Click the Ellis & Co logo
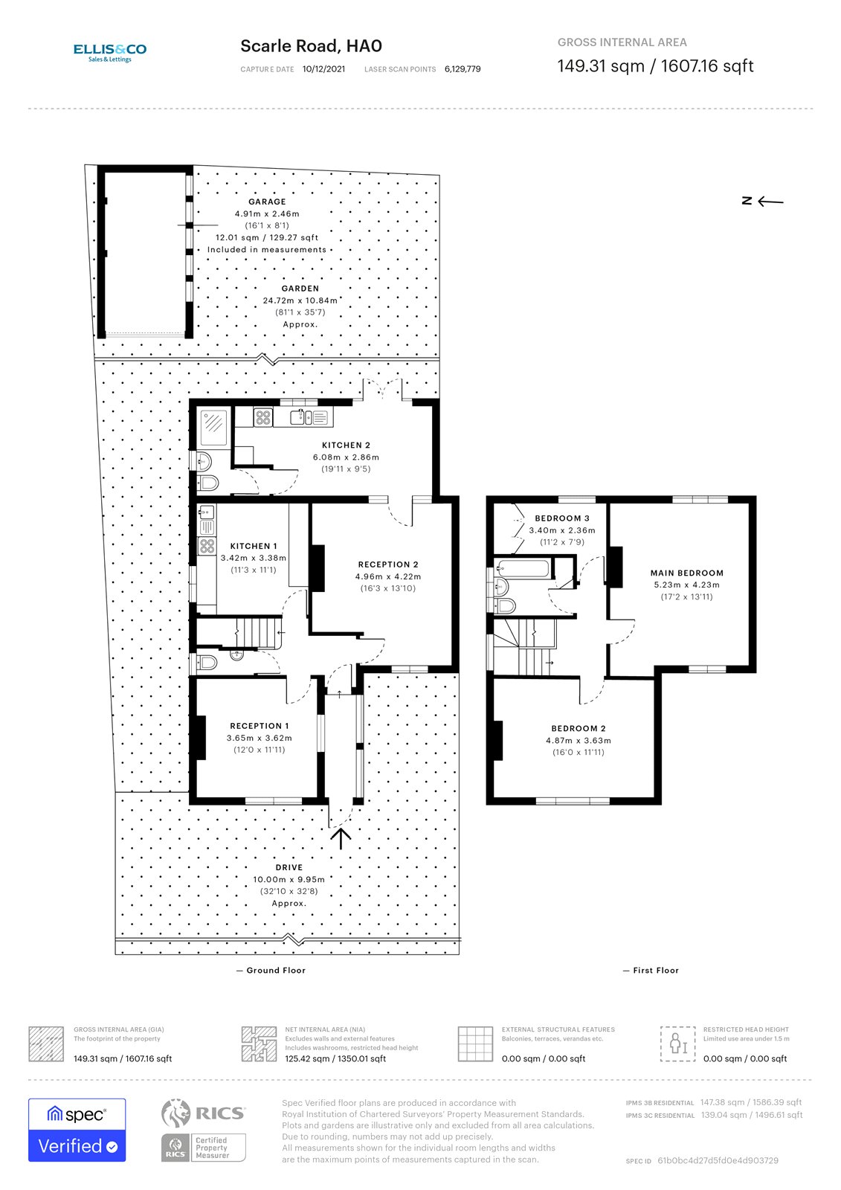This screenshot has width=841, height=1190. point(109,52)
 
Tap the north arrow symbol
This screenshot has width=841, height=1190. point(763,201)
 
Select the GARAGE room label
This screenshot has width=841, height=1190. point(267,202)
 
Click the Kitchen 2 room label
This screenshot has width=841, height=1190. point(346,445)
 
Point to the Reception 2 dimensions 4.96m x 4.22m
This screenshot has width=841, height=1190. point(387,576)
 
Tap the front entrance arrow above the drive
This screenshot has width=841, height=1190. point(341,838)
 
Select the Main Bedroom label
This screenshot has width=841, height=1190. point(686,573)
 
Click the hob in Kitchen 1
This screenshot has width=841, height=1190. point(207,547)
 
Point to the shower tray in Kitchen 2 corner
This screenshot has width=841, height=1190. point(213,424)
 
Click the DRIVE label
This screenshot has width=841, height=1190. point(289,867)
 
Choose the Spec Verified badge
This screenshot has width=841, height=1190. point(77,1129)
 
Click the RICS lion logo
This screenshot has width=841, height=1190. point(175,1113)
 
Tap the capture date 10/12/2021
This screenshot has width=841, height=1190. point(323,69)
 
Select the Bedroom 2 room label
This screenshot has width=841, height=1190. point(578,728)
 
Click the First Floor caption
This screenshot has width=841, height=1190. point(655,970)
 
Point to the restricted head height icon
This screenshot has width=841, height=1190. point(677,1043)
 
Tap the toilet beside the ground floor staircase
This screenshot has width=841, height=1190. point(207,661)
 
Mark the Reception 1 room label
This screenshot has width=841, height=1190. point(259,726)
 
